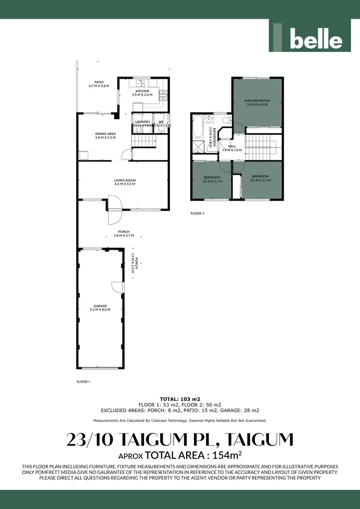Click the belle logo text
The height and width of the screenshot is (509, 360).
(x=316, y=40)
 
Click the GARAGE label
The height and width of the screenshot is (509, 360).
(x=100, y=307)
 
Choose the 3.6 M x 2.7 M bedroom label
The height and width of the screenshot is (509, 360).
(x=260, y=178)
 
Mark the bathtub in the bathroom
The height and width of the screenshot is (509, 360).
(x=198, y=128)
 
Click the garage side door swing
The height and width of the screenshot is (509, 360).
(x=117, y=287)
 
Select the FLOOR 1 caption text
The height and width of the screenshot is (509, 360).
(x=84, y=382)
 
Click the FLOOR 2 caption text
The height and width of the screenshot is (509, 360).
(x=197, y=213)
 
